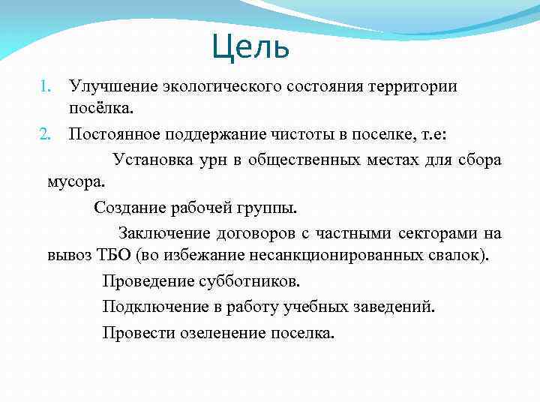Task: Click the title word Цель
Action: tap(250, 47)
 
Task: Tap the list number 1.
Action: tap(45, 86)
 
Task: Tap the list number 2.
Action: tap(44, 135)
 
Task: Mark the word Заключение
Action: tap(160, 234)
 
